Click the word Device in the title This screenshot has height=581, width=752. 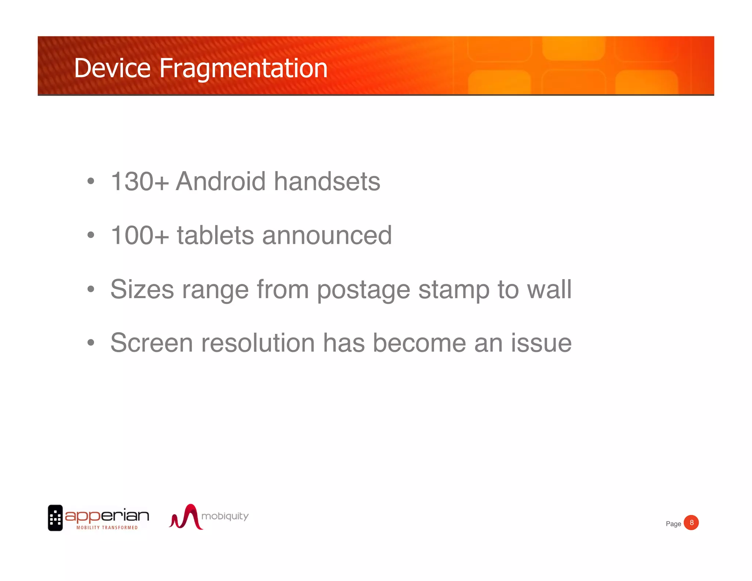coord(112,68)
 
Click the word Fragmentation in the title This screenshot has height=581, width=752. coord(243,69)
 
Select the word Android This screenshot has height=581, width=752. coord(220,181)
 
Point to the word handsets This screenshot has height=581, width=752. coord(327,181)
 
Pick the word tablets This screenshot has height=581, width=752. coord(215,235)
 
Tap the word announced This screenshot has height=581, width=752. coord(327,235)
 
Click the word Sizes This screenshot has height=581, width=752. coord(142,289)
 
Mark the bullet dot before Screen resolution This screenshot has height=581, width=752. coord(91,343)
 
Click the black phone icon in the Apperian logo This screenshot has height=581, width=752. coord(55,518)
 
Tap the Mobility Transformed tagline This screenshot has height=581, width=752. coord(107,528)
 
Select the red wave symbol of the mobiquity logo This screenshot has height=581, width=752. coord(186,517)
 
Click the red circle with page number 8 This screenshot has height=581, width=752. coord(691,523)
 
